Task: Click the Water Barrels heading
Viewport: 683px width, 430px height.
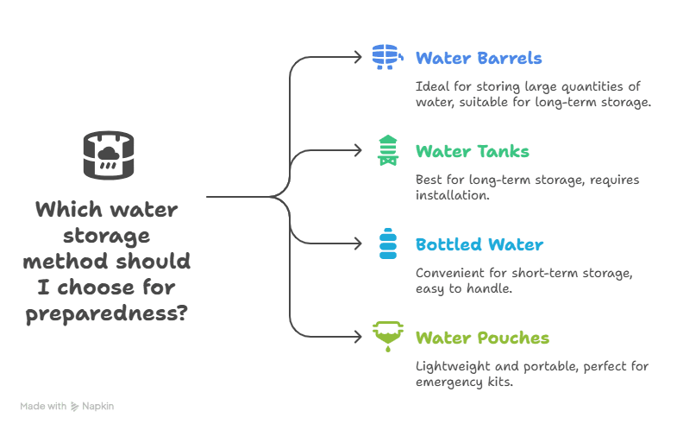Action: click(479, 59)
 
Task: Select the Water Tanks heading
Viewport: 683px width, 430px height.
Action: click(472, 152)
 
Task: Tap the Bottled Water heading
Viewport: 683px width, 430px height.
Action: click(479, 244)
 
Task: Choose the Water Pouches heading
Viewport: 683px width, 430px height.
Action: click(482, 338)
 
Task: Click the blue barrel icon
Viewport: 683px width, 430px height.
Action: click(387, 56)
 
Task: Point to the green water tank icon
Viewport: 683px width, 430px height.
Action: click(388, 150)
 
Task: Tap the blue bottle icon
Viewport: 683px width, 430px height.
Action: click(388, 243)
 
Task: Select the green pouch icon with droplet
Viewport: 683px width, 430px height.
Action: click(388, 336)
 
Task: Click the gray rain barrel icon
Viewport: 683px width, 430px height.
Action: click(109, 155)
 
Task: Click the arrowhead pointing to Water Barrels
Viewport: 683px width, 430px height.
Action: click(360, 57)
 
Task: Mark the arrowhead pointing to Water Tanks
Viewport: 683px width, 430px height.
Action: click(360, 150)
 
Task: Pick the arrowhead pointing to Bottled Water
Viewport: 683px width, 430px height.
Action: click(360, 243)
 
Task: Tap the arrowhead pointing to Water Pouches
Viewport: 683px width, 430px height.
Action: click(360, 337)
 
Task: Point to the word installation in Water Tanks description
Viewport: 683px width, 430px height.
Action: click(452, 196)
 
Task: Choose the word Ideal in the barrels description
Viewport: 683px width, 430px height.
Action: click(431, 86)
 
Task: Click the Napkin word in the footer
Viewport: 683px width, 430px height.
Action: click(98, 405)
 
